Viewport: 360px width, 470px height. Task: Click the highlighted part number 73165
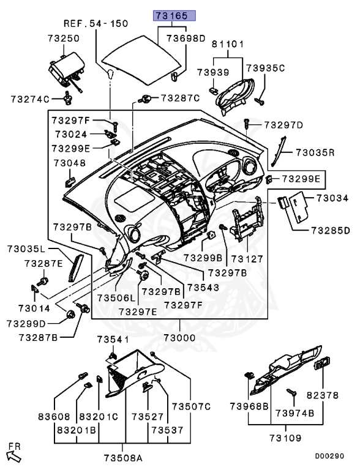[x=174, y=15]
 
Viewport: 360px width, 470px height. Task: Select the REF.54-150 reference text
[x=96, y=23]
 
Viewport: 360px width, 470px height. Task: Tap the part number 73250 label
[x=64, y=39]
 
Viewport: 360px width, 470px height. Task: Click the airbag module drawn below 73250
[x=67, y=70]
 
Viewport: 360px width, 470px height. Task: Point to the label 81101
[x=228, y=44]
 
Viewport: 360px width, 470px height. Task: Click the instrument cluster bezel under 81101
[x=236, y=96]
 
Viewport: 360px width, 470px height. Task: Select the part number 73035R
[x=315, y=152]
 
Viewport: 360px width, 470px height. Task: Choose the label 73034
[x=332, y=198]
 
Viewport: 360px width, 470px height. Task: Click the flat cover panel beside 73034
[x=299, y=207]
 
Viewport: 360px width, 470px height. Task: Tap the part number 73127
[x=247, y=258]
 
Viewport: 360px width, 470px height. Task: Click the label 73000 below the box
[x=180, y=338]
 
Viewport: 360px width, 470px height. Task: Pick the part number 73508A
[x=123, y=458]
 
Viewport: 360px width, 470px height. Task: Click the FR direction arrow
[x=14, y=456]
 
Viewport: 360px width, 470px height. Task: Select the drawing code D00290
[x=329, y=456]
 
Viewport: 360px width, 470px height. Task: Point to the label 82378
[x=323, y=395]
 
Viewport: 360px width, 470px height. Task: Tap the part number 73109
[x=285, y=438]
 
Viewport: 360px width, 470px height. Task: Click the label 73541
[x=113, y=339]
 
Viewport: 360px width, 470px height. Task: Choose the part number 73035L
[x=26, y=248]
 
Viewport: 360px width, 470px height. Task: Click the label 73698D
[x=186, y=39]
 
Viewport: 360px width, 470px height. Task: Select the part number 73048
[x=70, y=163]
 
